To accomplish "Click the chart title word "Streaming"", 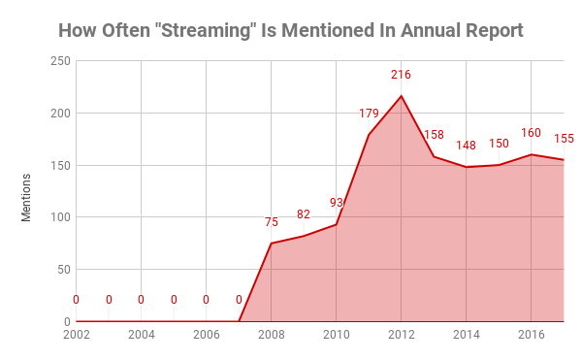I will (216, 29).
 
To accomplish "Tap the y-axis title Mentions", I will (27, 196).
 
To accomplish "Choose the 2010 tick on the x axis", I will (336, 335).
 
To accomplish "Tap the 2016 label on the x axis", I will (531, 335).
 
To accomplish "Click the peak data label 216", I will (402, 75).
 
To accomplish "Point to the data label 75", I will (272, 222).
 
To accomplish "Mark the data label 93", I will (337, 203).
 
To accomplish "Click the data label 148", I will (467, 146).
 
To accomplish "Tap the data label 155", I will (564, 139).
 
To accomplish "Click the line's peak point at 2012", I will (402, 95).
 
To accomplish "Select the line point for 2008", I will (272, 243).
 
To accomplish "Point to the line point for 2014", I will (467, 167).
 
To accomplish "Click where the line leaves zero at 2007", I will (239, 321).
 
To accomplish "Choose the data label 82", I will (304, 214).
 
